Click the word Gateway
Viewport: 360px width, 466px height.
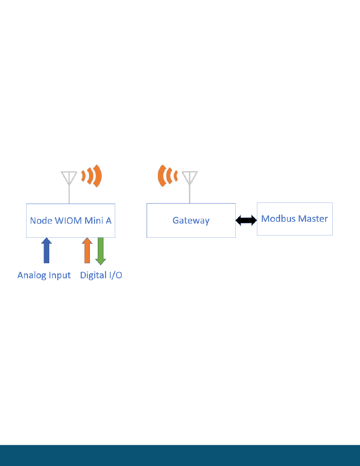(x=191, y=220)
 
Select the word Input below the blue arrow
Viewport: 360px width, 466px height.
(x=59, y=276)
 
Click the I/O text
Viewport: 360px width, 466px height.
(x=114, y=275)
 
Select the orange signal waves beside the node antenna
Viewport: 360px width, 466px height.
(x=92, y=175)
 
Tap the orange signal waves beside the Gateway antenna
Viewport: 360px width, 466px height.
(x=167, y=176)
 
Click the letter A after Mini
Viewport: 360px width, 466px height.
(x=109, y=220)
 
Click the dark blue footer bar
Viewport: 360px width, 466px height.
(x=180, y=455)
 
